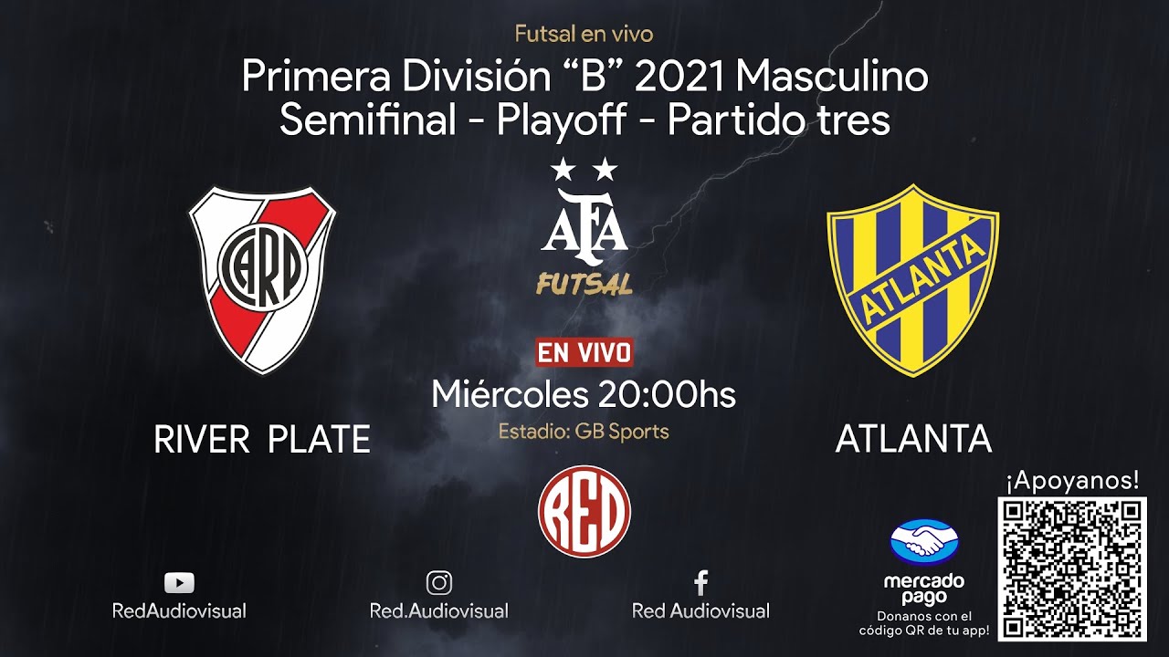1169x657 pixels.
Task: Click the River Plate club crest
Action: point(262,279)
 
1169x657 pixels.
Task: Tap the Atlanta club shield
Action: point(912,279)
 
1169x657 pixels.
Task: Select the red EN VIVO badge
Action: point(584,352)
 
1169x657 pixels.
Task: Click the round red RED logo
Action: point(584,511)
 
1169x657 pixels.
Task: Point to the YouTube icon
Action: point(179,583)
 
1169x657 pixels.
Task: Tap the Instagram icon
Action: point(439,582)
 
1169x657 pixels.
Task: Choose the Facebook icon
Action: point(701,582)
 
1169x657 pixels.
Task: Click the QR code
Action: point(1072,568)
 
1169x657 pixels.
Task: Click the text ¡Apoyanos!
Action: point(1072,480)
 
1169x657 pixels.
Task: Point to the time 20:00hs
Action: point(667,394)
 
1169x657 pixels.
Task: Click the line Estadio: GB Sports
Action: point(584,431)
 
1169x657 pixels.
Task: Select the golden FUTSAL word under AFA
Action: point(584,285)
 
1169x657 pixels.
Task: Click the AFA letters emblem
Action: point(584,226)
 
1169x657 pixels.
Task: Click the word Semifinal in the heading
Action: point(366,120)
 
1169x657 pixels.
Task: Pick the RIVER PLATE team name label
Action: point(262,440)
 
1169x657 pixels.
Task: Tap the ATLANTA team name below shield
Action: point(913,440)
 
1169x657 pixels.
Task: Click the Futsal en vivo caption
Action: point(584,35)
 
